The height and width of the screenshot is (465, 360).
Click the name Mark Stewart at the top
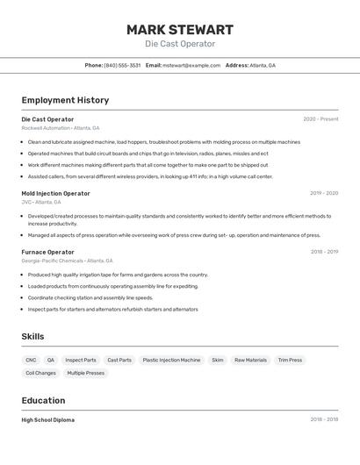(179, 29)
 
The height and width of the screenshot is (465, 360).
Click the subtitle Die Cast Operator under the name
(179, 44)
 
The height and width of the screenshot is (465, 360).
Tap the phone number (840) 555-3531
(122, 65)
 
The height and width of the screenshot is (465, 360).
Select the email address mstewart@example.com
(191, 65)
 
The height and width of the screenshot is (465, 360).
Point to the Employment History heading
(65, 100)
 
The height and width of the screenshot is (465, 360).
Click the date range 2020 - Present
(320, 119)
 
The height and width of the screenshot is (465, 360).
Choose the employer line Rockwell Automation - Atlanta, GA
(61, 128)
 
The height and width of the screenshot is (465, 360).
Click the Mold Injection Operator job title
(55, 193)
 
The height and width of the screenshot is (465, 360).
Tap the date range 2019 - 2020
(323, 193)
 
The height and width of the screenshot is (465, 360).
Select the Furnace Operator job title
(47, 252)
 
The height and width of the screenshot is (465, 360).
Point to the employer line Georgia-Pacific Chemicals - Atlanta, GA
(68, 261)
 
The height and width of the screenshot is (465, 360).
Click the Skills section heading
(32, 336)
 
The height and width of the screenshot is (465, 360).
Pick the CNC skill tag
(31, 360)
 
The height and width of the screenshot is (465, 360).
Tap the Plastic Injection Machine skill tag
(171, 360)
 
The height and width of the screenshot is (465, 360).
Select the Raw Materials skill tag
(250, 360)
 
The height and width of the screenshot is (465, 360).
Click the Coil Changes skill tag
(40, 373)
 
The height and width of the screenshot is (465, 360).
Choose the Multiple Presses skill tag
(85, 373)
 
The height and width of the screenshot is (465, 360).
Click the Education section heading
(43, 400)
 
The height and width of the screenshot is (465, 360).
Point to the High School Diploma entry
(47, 419)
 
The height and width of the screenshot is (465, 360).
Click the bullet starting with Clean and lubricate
(163, 141)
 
